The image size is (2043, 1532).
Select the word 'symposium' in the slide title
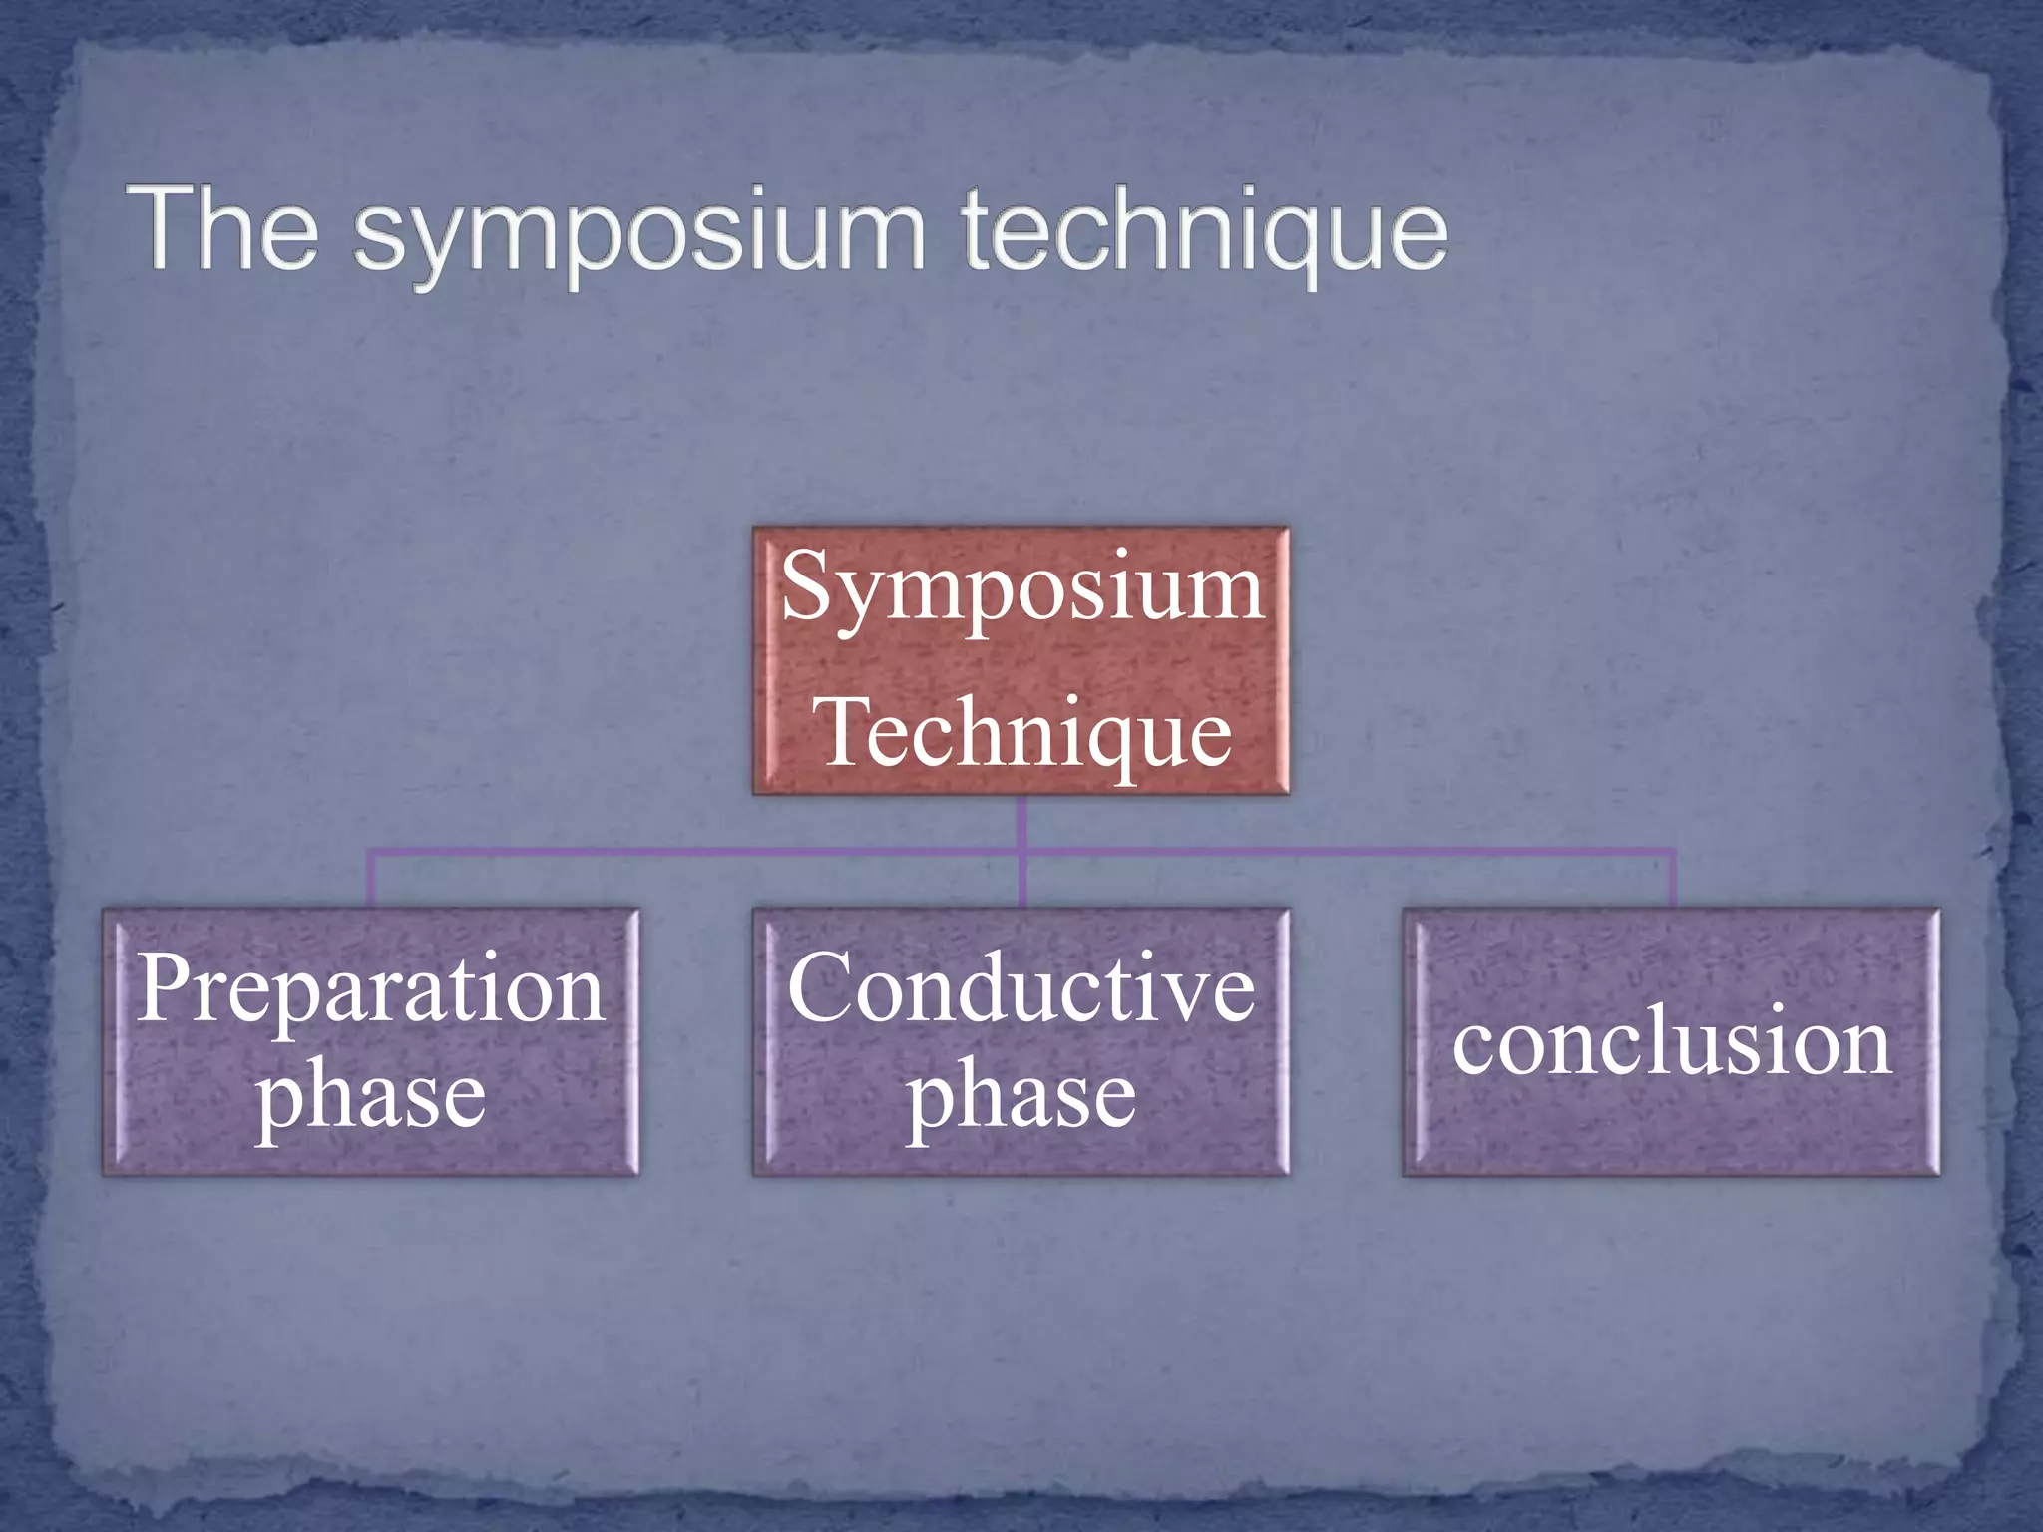click(639, 235)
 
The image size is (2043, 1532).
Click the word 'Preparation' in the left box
click(371, 989)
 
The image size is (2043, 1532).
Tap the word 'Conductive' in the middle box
click(1021, 989)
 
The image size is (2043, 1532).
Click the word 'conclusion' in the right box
click(1672, 1043)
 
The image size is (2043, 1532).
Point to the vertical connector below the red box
click(1022, 822)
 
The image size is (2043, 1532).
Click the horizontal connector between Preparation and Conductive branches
click(698, 852)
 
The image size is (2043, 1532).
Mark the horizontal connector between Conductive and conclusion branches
click(1347, 852)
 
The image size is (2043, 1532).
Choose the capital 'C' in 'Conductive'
click(820, 987)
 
